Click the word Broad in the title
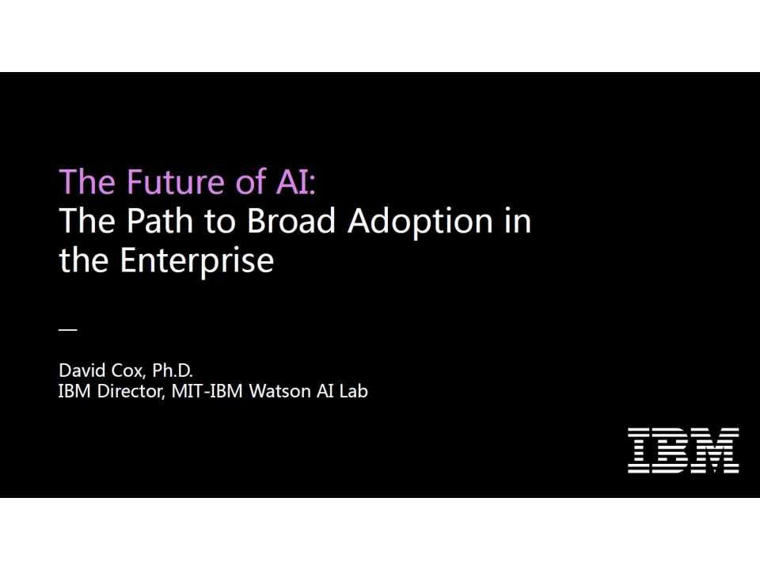click(292, 221)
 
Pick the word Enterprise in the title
click(197, 260)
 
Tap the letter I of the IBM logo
click(640, 450)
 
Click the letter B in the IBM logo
click(674, 450)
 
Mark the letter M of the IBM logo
click(718, 450)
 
